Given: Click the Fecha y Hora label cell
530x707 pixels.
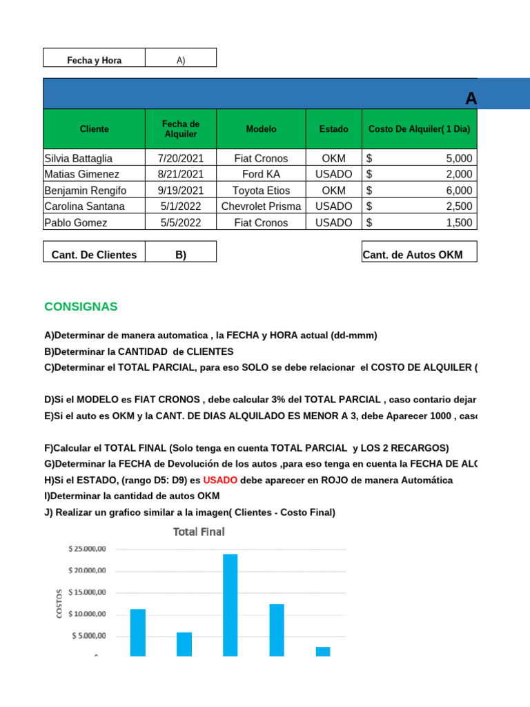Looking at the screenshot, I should click(94, 60).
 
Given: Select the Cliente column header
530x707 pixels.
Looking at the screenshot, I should click(94, 129).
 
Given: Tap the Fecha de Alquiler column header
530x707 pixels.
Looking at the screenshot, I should click(181, 129).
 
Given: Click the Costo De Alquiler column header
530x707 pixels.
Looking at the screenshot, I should click(420, 129).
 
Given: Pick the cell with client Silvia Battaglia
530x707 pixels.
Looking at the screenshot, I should click(94, 158).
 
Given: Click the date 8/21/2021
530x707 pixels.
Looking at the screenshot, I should click(181, 174).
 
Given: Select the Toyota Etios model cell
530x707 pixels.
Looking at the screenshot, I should click(261, 191).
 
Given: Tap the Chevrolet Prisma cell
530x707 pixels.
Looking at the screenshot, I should click(261, 206).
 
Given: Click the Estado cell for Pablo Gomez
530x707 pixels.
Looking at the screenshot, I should click(333, 222).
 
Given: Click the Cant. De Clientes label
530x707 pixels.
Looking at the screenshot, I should click(94, 255).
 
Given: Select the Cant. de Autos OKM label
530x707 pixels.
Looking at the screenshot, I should click(413, 255).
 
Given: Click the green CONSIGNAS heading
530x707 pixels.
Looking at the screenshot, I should click(81, 307).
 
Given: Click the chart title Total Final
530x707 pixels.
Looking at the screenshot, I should click(199, 532).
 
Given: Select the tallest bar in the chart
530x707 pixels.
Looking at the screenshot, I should click(230, 605).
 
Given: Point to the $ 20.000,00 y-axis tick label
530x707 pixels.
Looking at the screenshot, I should click(87, 570).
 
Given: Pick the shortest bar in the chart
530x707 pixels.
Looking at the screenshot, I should click(323, 651).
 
